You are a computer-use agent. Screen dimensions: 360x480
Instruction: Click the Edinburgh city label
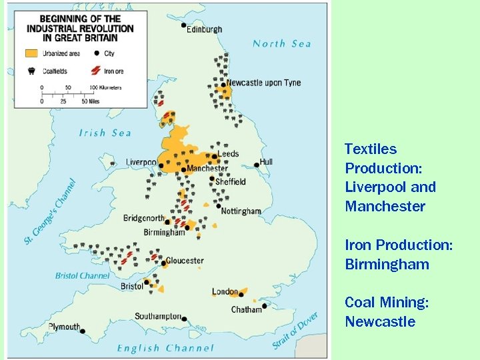tap(205, 29)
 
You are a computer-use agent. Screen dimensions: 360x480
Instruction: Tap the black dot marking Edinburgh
tap(184, 25)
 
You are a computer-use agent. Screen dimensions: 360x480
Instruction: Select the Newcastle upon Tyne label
tap(263, 83)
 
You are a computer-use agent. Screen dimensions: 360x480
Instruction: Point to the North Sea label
tap(281, 44)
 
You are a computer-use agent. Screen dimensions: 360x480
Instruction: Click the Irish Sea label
tap(105, 133)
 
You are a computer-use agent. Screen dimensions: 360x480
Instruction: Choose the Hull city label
tap(266, 162)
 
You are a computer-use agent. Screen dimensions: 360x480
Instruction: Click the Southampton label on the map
tap(157, 316)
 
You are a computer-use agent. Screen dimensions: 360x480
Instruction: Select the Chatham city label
tap(246, 309)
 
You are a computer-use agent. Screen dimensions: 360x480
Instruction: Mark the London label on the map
tap(225, 292)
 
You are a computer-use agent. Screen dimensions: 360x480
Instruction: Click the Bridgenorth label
tap(144, 219)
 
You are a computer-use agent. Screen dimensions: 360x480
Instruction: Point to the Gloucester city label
tap(185, 261)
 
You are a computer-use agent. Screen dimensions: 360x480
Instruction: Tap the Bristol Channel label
tap(83, 276)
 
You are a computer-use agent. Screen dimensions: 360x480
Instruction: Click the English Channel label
tap(165, 348)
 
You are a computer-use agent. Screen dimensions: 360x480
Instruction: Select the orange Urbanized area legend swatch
tap(31, 53)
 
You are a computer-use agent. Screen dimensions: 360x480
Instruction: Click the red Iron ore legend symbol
tap(96, 70)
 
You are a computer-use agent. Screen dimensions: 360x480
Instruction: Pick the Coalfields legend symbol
tap(31, 70)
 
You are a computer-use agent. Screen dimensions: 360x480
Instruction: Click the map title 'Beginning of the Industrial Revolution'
tap(80, 29)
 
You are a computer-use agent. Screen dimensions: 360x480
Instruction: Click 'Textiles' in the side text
tap(371, 149)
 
